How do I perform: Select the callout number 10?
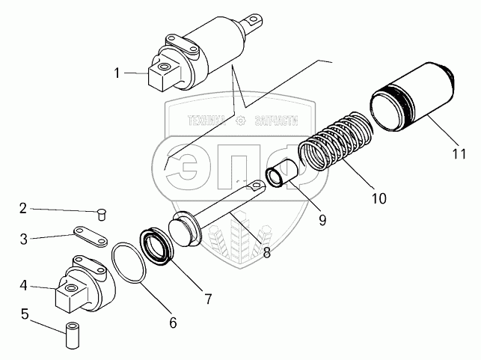click(379, 199)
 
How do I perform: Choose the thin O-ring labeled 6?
click(128, 263)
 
